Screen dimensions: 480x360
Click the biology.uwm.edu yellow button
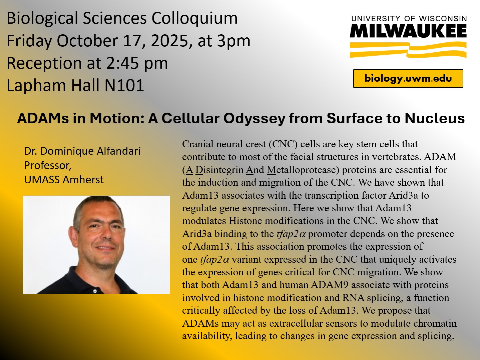(408, 78)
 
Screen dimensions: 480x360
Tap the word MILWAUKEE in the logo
(408, 31)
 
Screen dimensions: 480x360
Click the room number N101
(124, 85)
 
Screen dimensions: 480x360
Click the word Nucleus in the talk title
(435, 118)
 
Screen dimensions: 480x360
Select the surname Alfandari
(118, 151)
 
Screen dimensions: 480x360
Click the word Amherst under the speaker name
(83, 180)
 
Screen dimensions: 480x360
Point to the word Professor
(48, 166)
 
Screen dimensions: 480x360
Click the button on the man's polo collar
(95, 291)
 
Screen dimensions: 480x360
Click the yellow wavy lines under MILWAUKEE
(408, 50)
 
